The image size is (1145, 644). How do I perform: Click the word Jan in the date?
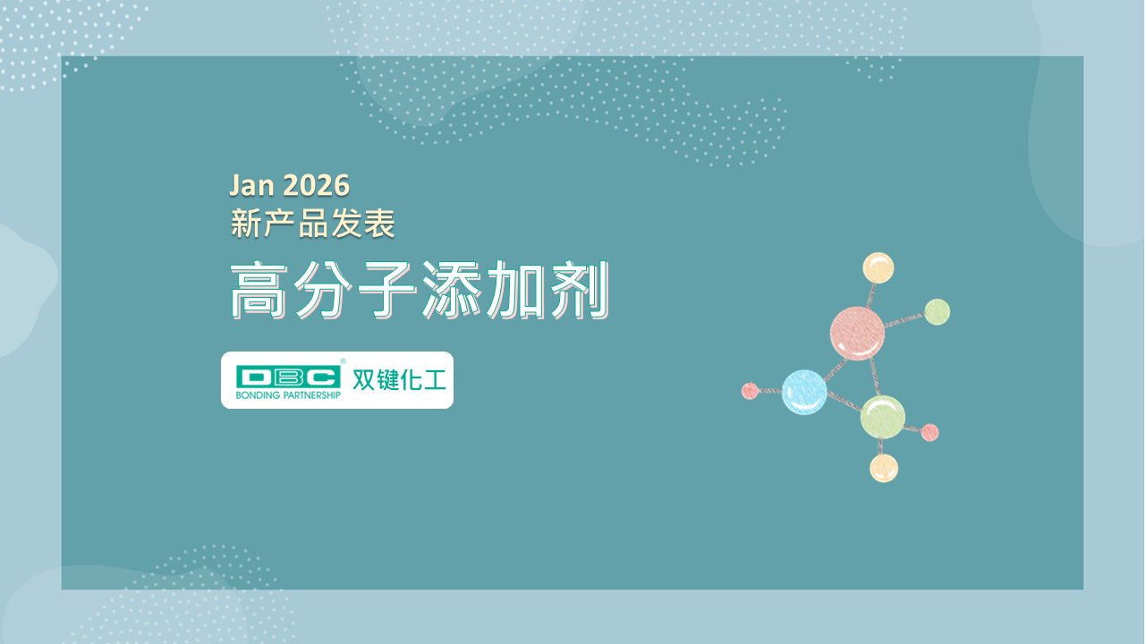pyautogui.click(x=251, y=185)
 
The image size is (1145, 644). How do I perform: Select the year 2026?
pyautogui.click(x=316, y=185)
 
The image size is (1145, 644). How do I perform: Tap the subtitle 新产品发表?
pyautogui.click(x=313, y=224)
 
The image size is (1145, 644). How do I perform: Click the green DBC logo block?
pyautogui.click(x=288, y=377)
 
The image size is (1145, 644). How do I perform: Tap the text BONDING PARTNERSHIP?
pyautogui.click(x=288, y=395)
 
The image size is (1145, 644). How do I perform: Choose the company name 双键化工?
pyautogui.click(x=399, y=380)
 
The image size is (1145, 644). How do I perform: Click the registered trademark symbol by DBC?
pyautogui.click(x=343, y=361)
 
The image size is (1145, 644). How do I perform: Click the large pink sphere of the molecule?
pyautogui.click(x=857, y=334)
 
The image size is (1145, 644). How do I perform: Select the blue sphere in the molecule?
pyautogui.click(x=804, y=392)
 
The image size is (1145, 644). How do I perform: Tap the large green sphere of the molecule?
pyautogui.click(x=883, y=417)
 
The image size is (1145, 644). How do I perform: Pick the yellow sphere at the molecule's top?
pyautogui.click(x=878, y=267)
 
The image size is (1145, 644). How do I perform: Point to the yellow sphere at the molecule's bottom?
pyautogui.click(x=884, y=468)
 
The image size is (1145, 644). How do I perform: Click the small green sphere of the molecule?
pyautogui.click(x=937, y=312)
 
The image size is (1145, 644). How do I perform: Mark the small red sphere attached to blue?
pyautogui.click(x=750, y=391)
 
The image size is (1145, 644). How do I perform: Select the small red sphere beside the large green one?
pyautogui.click(x=929, y=432)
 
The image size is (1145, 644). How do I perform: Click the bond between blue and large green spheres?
pyautogui.click(x=844, y=401)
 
